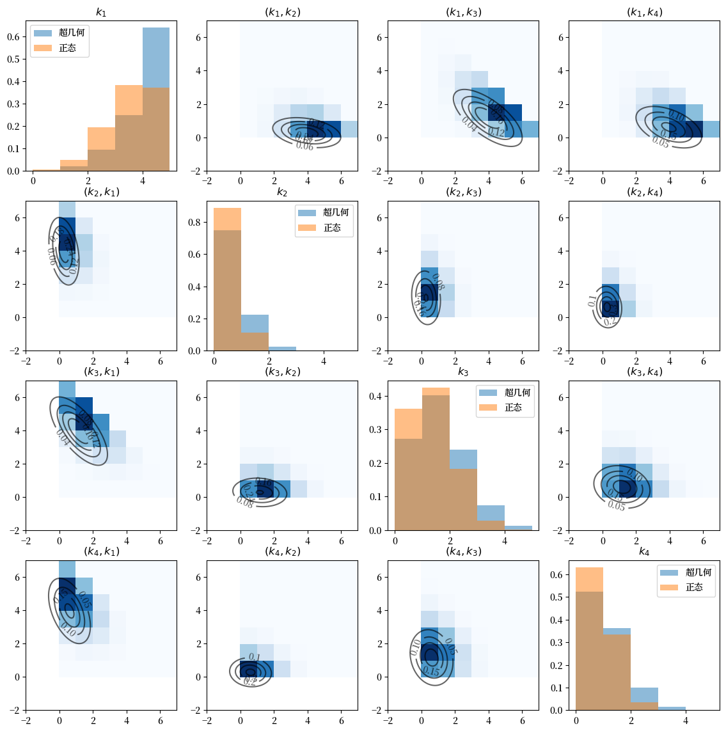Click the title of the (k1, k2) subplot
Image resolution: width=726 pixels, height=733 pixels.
click(282, 12)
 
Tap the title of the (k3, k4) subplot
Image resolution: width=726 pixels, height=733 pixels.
click(644, 372)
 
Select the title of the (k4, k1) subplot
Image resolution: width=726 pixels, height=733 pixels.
click(101, 551)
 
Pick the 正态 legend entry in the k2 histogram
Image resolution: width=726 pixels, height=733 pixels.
click(332, 228)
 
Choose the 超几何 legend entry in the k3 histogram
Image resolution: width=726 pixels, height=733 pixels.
click(517, 393)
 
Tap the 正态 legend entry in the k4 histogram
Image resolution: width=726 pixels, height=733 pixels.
click(694, 587)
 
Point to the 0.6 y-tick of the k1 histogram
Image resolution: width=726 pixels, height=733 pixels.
click(13, 36)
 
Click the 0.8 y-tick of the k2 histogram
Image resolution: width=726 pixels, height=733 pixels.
click(194, 223)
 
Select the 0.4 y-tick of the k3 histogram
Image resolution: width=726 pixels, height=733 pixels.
click(375, 397)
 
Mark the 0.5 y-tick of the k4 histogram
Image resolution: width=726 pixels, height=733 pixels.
click(556, 597)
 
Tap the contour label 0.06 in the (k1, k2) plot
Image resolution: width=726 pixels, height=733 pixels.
click(304, 146)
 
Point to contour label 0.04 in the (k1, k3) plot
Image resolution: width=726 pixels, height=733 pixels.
click(469, 125)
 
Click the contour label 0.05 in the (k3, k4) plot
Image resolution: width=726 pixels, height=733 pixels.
click(617, 506)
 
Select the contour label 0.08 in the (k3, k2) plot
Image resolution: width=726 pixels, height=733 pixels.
click(244, 502)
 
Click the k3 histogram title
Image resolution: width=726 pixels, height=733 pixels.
click(463, 372)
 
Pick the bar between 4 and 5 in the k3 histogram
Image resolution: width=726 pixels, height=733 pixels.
click(518, 528)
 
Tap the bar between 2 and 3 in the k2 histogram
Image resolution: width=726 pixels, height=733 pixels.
click(282, 349)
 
